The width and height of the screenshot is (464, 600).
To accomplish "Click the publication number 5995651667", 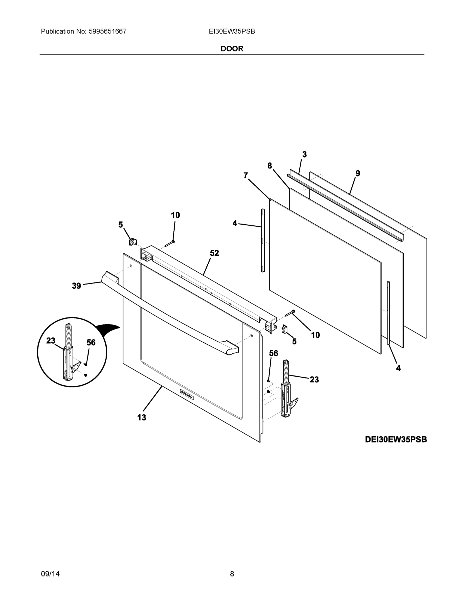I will (x=107, y=31).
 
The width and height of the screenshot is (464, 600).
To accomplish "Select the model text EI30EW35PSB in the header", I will (x=232, y=31).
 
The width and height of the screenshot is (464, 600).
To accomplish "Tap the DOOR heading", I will (x=232, y=49).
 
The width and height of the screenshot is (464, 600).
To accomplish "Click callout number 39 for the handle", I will (x=77, y=286).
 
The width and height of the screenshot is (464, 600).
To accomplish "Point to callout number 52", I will (x=214, y=253).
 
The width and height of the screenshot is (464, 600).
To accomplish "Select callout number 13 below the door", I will (x=142, y=417).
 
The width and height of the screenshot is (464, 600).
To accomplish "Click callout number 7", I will (x=245, y=175).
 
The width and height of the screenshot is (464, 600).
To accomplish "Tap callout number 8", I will (x=269, y=166).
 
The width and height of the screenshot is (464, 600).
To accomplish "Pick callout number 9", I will (x=358, y=173).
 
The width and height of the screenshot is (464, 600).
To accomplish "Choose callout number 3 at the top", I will (x=304, y=154).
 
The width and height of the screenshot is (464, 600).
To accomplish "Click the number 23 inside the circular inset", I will (x=51, y=341).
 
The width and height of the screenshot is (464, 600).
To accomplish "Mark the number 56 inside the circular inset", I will (x=91, y=342).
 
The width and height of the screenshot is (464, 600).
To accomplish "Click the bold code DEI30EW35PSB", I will (x=396, y=439).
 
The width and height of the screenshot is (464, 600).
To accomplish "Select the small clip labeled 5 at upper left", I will (x=133, y=242).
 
